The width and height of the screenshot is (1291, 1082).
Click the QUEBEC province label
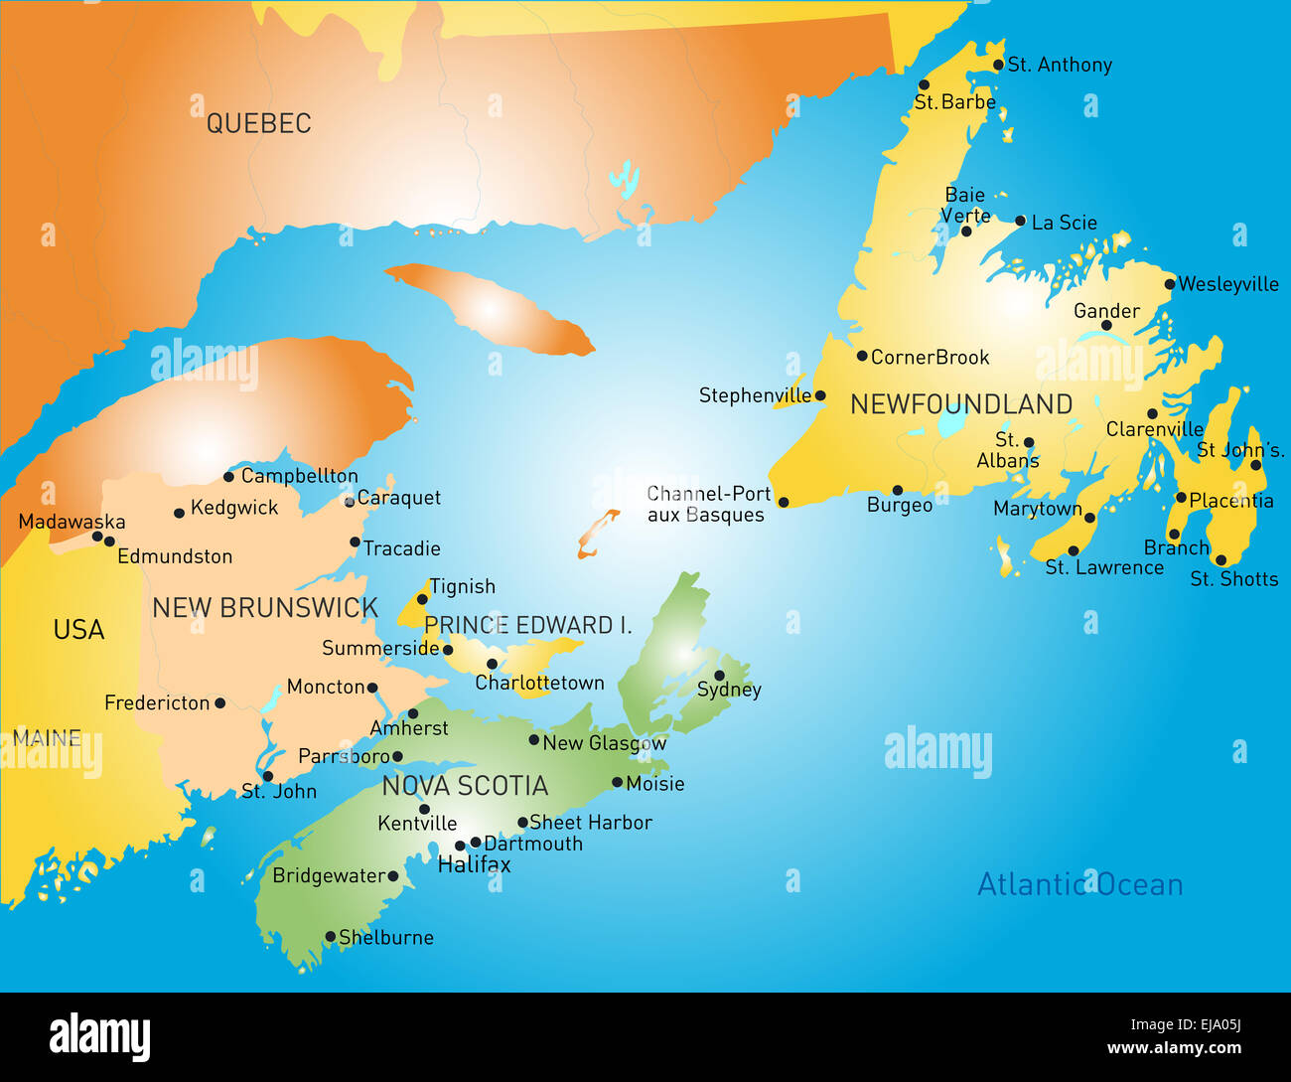(x=258, y=123)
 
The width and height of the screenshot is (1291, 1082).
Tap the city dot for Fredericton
(x=219, y=702)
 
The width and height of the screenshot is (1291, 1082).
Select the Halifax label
(x=474, y=864)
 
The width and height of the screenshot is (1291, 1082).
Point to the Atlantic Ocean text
(x=1079, y=884)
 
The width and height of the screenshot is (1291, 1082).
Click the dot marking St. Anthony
(x=998, y=65)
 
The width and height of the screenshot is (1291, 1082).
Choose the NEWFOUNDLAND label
(x=961, y=404)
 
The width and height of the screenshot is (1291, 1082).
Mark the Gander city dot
(x=1106, y=325)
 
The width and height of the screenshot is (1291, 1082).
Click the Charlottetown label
(x=539, y=683)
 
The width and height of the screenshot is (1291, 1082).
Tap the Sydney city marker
(x=719, y=676)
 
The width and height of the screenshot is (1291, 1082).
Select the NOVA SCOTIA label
(x=465, y=786)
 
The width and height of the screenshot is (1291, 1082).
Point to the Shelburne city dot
(x=330, y=936)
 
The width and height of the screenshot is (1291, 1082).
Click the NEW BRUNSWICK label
(x=265, y=608)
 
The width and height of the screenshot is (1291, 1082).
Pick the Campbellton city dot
(x=228, y=476)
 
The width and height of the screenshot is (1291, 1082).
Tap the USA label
(x=78, y=630)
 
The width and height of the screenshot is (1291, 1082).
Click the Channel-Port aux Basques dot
(x=783, y=502)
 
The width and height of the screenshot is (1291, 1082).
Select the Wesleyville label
(x=1228, y=284)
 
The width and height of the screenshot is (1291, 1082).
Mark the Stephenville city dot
(x=819, y=395)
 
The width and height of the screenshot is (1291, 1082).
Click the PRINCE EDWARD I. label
(x=527, y=625)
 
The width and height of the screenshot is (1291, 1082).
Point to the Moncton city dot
(x=371, y=687)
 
